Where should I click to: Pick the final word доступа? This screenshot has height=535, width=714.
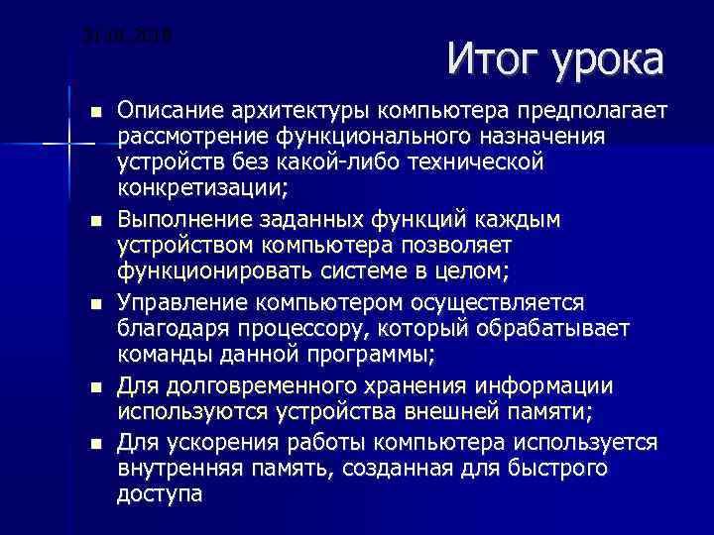(x=160, y=493)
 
